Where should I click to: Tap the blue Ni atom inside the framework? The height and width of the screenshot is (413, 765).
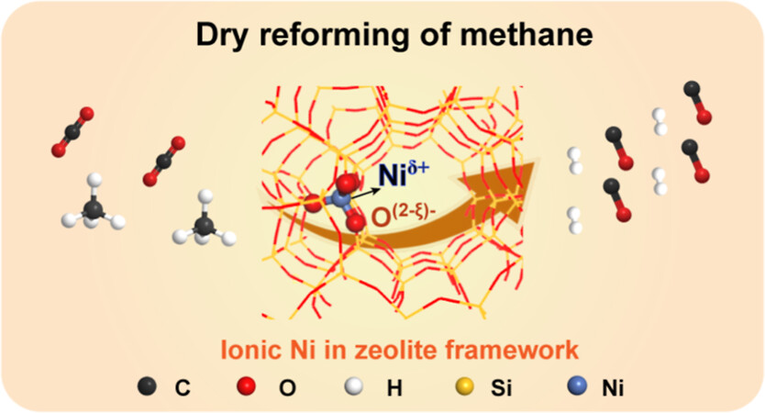coord(338,197)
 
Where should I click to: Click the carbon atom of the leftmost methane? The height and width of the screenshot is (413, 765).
coord(94,209)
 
